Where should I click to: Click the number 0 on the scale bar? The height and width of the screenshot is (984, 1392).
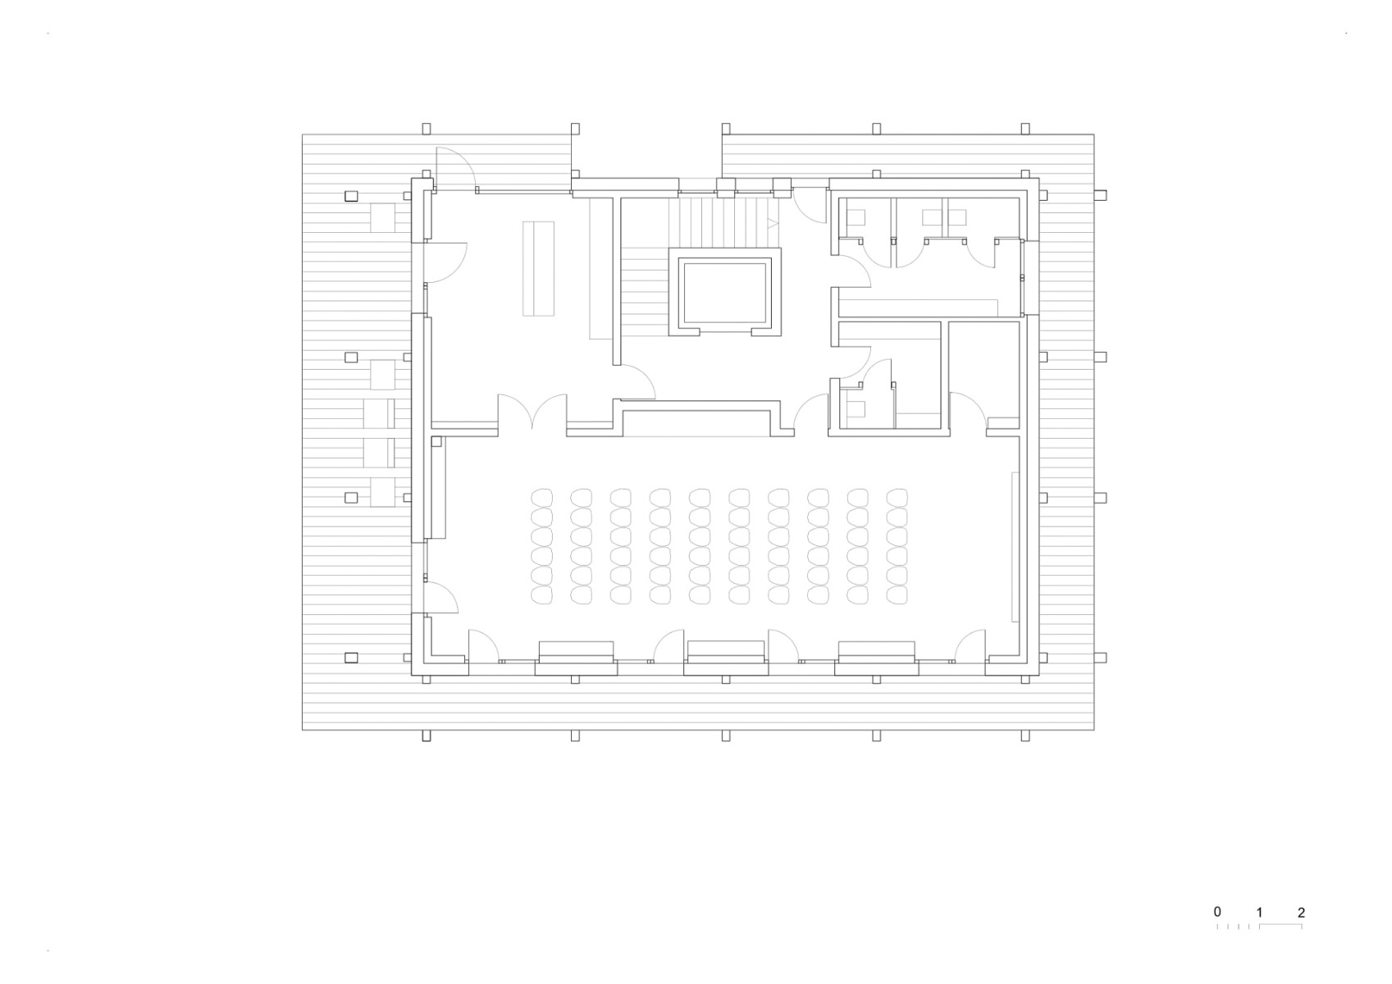pyautogui.click(x=1217, y=912)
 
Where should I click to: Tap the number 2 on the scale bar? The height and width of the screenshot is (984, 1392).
pyautogui.click(x=1302, y=912)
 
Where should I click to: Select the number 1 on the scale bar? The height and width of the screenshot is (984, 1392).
pyautogui.click(x=1259, y=912)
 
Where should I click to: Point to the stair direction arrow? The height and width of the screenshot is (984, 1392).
pyautogui.click(x=771, y=222)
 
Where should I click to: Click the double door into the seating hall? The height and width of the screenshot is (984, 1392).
pyautogui.click(x=532, y=411)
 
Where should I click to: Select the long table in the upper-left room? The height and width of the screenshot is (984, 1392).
pyautogui.click(x=538, y=268)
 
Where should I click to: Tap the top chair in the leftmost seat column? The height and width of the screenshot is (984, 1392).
pyautogui.click(x=541, y=497)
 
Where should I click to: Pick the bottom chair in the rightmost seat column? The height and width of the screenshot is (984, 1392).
pyautogui.click(x=897, y=594)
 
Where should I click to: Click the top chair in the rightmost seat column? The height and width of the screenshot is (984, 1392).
pyautogui.click(x=897, y=497)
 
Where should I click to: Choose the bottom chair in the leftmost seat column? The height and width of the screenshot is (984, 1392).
pyautogui.click(x=541, y=594)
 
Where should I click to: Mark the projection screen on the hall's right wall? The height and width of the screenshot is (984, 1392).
pyautogui.click(x=1015, y=546)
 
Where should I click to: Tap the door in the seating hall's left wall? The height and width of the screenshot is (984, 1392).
pyautogui.click(x=441, y=596)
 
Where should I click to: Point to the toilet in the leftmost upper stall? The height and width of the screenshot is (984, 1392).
pyautogui.click(x=856, y=217)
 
